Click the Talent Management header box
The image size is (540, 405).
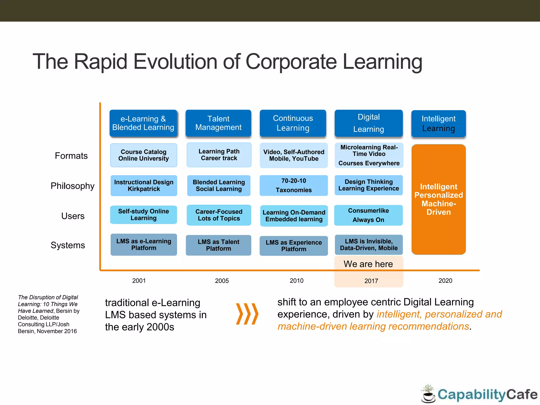[218, 123]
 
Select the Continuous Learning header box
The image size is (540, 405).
[293, 123]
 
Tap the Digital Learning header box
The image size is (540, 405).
[369, 123]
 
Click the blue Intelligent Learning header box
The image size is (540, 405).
[438, 123]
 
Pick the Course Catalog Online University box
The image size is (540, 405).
[143, 155]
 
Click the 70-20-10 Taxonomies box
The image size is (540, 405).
[293, 185]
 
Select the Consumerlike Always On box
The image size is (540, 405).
[368, 215]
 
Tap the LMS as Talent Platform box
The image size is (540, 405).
[218, 245]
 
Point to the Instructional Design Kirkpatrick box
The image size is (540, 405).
[144, 186]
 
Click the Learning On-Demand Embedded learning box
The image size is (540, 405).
[294, 216]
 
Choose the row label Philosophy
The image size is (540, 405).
[73, 186]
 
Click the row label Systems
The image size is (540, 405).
[68, 245]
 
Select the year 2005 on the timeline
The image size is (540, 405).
[222, 281]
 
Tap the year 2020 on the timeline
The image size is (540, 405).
[445, 281]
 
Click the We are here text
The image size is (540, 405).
[368, 264]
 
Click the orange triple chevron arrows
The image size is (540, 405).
[247, 314]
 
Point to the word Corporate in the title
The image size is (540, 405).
[291, 62]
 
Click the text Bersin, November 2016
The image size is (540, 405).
[47, 331]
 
